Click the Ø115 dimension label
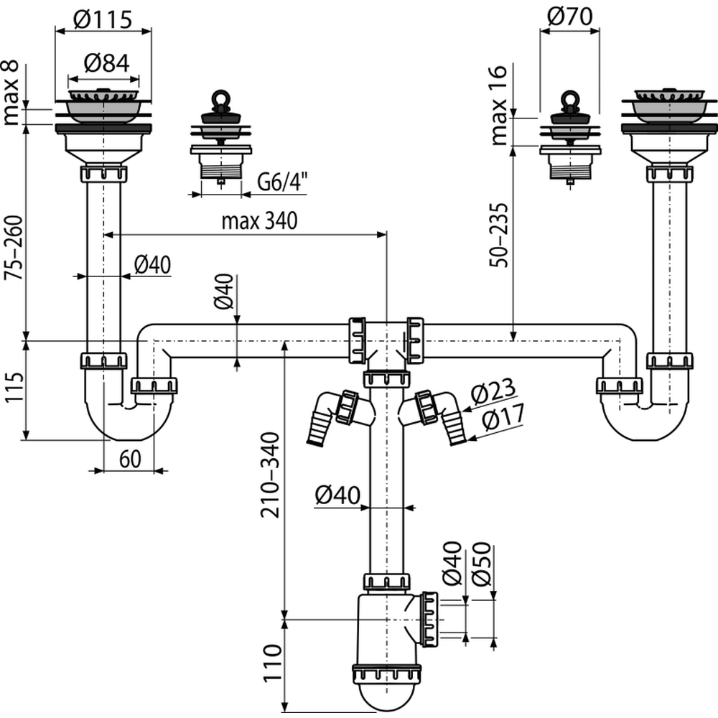(103, 20)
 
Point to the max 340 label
(258, 221)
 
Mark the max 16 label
(500, 105)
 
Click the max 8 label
(13, 94)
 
